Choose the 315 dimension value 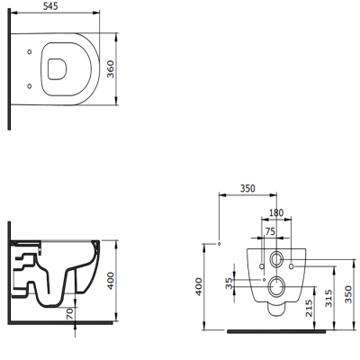(330, 296)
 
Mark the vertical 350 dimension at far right (349, 293)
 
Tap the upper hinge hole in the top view (33, 51)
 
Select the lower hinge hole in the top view (33, 85)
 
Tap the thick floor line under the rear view (272, 330)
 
